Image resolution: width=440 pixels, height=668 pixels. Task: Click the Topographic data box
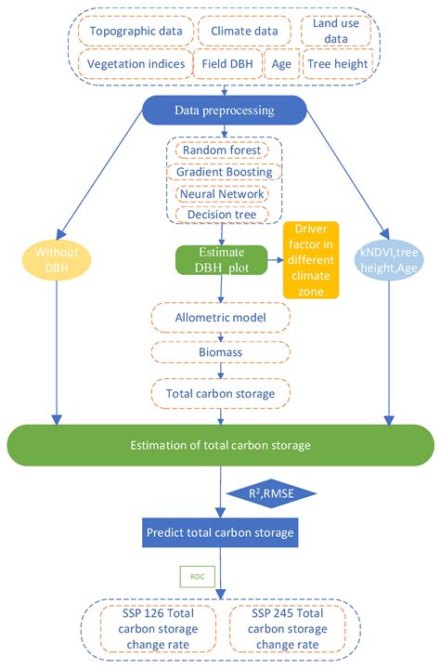[x=136, y=32]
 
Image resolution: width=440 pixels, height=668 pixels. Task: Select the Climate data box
[x=244, y=32]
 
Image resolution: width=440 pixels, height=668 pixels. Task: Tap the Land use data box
[x=336, y=32]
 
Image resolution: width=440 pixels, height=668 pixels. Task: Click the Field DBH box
[x=226, y=64]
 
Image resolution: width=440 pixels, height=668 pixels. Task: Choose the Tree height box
[x=338, y=64]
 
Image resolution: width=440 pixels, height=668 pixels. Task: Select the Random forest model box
[x=222, y=150]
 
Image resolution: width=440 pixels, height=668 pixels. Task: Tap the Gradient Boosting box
[x=224, y=172]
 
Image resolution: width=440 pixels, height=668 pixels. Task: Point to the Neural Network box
[x=224, y=193]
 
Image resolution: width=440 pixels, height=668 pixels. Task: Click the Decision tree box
[x=222, y=215]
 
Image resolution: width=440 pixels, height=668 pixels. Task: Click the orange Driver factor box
[x=311, y=259]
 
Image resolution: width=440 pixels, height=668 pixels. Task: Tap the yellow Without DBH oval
[x=57, y=256]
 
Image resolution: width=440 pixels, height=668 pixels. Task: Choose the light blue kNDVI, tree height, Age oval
[x=388, y=256]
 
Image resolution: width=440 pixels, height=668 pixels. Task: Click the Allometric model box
[x=220, y=319]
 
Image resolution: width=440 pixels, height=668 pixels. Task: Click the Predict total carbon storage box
[x=220, y=532]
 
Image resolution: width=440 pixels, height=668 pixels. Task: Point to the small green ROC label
[x=198, y=575]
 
